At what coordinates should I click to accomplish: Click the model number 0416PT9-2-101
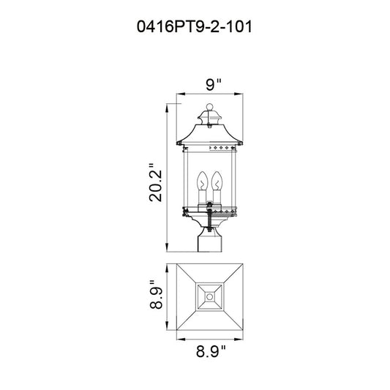click(195, 26)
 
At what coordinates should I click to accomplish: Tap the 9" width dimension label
click(214, 84)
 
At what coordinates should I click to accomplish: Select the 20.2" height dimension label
click(155, 182)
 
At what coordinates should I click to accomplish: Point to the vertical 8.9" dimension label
click(156, 295)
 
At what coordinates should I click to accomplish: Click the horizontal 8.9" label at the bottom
click(211, 351)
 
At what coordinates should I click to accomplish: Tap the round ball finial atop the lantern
click(210, 107)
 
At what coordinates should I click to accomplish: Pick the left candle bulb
click(202, 181)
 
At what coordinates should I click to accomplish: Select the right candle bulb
click(217, 181)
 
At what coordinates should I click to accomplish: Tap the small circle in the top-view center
click(210, 297)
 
